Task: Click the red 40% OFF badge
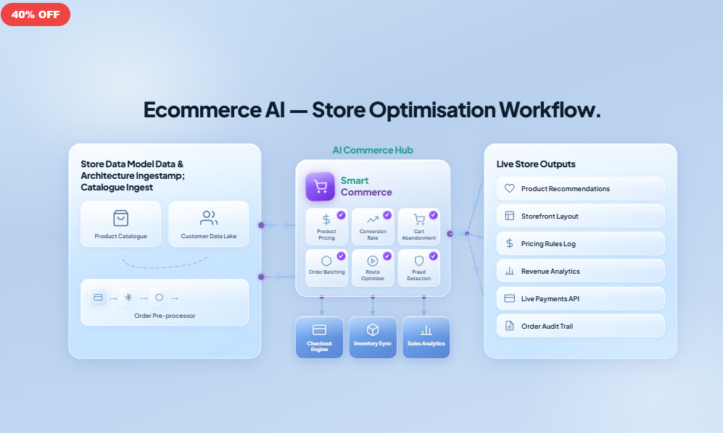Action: [35, 14]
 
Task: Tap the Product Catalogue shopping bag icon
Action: [120, 218]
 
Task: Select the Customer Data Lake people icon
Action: [209, 218]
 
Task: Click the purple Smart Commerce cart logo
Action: [320, 186]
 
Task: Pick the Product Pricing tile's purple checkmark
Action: [341, 215]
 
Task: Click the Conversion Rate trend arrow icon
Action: [373, 219]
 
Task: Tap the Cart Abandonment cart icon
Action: [418, 219]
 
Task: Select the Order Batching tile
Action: [326, 267]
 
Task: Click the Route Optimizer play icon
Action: [373, 261]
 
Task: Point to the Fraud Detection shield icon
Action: [418, 261]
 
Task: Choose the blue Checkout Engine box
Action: [319, 337]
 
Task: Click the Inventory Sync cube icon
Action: [373, 329]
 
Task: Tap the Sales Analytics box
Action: [426, 337]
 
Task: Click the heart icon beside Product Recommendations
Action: [509, 188]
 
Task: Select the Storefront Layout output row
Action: [580, 216]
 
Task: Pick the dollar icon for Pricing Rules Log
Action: [509, 243]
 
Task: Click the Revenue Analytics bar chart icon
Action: [509, 271]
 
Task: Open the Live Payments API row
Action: [580, 298]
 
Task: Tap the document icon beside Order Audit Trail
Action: [509, 326]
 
